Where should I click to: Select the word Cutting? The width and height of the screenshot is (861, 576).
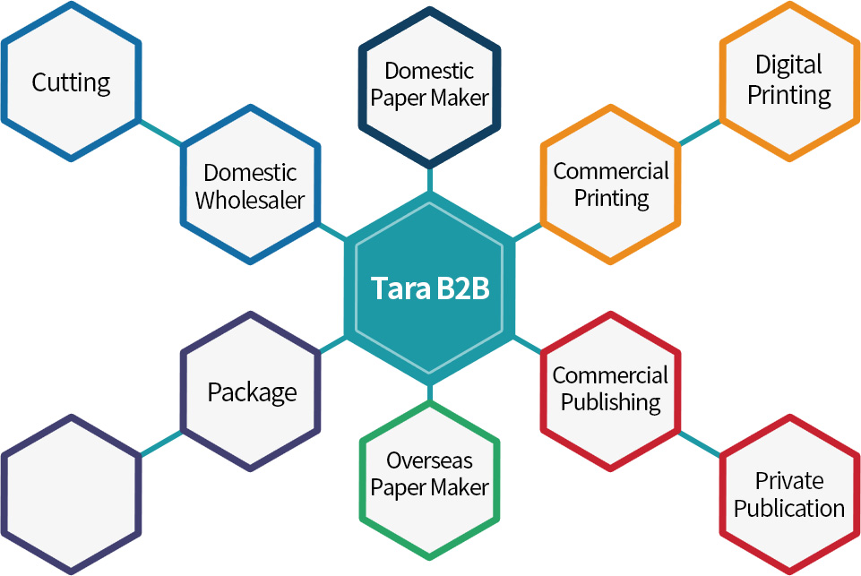tap(71, 83)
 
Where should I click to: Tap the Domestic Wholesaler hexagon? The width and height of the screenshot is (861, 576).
tap(250, 185)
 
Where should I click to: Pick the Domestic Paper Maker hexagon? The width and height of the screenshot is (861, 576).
tap(430, 84)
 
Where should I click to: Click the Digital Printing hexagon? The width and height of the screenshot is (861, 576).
tap(788, 80)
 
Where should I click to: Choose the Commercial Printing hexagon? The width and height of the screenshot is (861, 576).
tap(611, 184)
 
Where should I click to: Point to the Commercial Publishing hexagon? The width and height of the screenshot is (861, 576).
tap(611, 389)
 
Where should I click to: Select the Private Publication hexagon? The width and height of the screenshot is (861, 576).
tap(788, 494)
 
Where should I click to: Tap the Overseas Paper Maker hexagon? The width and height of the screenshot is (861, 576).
tap(430, 474)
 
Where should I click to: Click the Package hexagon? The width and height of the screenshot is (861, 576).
tap(252, 391)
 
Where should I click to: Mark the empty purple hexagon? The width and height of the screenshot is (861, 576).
tap(71, 494)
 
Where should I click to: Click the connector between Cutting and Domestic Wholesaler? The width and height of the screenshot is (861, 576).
tap(161, 132)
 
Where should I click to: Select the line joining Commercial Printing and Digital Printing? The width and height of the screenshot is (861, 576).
tap(700, 132)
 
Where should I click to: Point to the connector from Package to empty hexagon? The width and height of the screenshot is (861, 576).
tap(161, 443)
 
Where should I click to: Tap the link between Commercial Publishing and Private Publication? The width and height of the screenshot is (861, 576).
tap(700, 443)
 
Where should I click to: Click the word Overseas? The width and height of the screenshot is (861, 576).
tap(430, 460)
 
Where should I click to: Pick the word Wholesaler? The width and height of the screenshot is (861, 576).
tap(250, 199)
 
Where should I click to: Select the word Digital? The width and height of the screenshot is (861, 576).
tap(788, 65)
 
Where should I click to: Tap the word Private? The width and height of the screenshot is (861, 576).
tap(788, 480)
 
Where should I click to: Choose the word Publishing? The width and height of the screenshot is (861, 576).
tap(611, 402)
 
